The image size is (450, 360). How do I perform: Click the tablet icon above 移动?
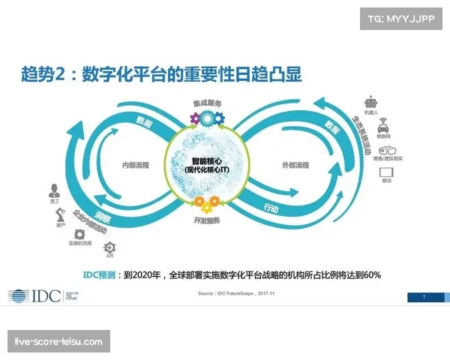[x=387, y=172]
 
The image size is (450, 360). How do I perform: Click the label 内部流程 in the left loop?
[x=136, y=165]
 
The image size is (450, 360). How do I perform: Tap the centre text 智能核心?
[x=207, y=160]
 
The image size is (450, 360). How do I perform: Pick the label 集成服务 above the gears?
[x=206, y=104]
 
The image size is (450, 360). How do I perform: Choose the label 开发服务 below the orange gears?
[x=207, y=220]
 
